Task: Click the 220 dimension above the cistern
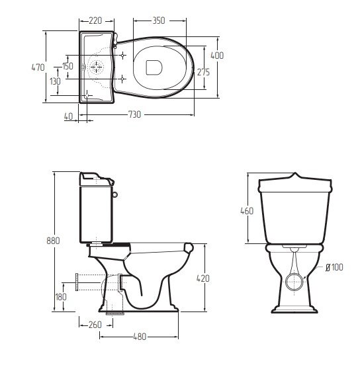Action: click(95, 21)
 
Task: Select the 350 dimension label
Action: click(159, 21)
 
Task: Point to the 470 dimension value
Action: click(38, 67)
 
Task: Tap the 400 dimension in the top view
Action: click(217, 56)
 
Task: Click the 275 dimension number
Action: click(203, 72)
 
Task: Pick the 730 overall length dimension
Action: click(135, 114)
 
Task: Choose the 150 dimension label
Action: click(67, 66)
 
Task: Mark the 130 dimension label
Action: click(55, 81)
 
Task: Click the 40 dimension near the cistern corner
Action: click(68, 116)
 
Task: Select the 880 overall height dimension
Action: click(53, 241)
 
